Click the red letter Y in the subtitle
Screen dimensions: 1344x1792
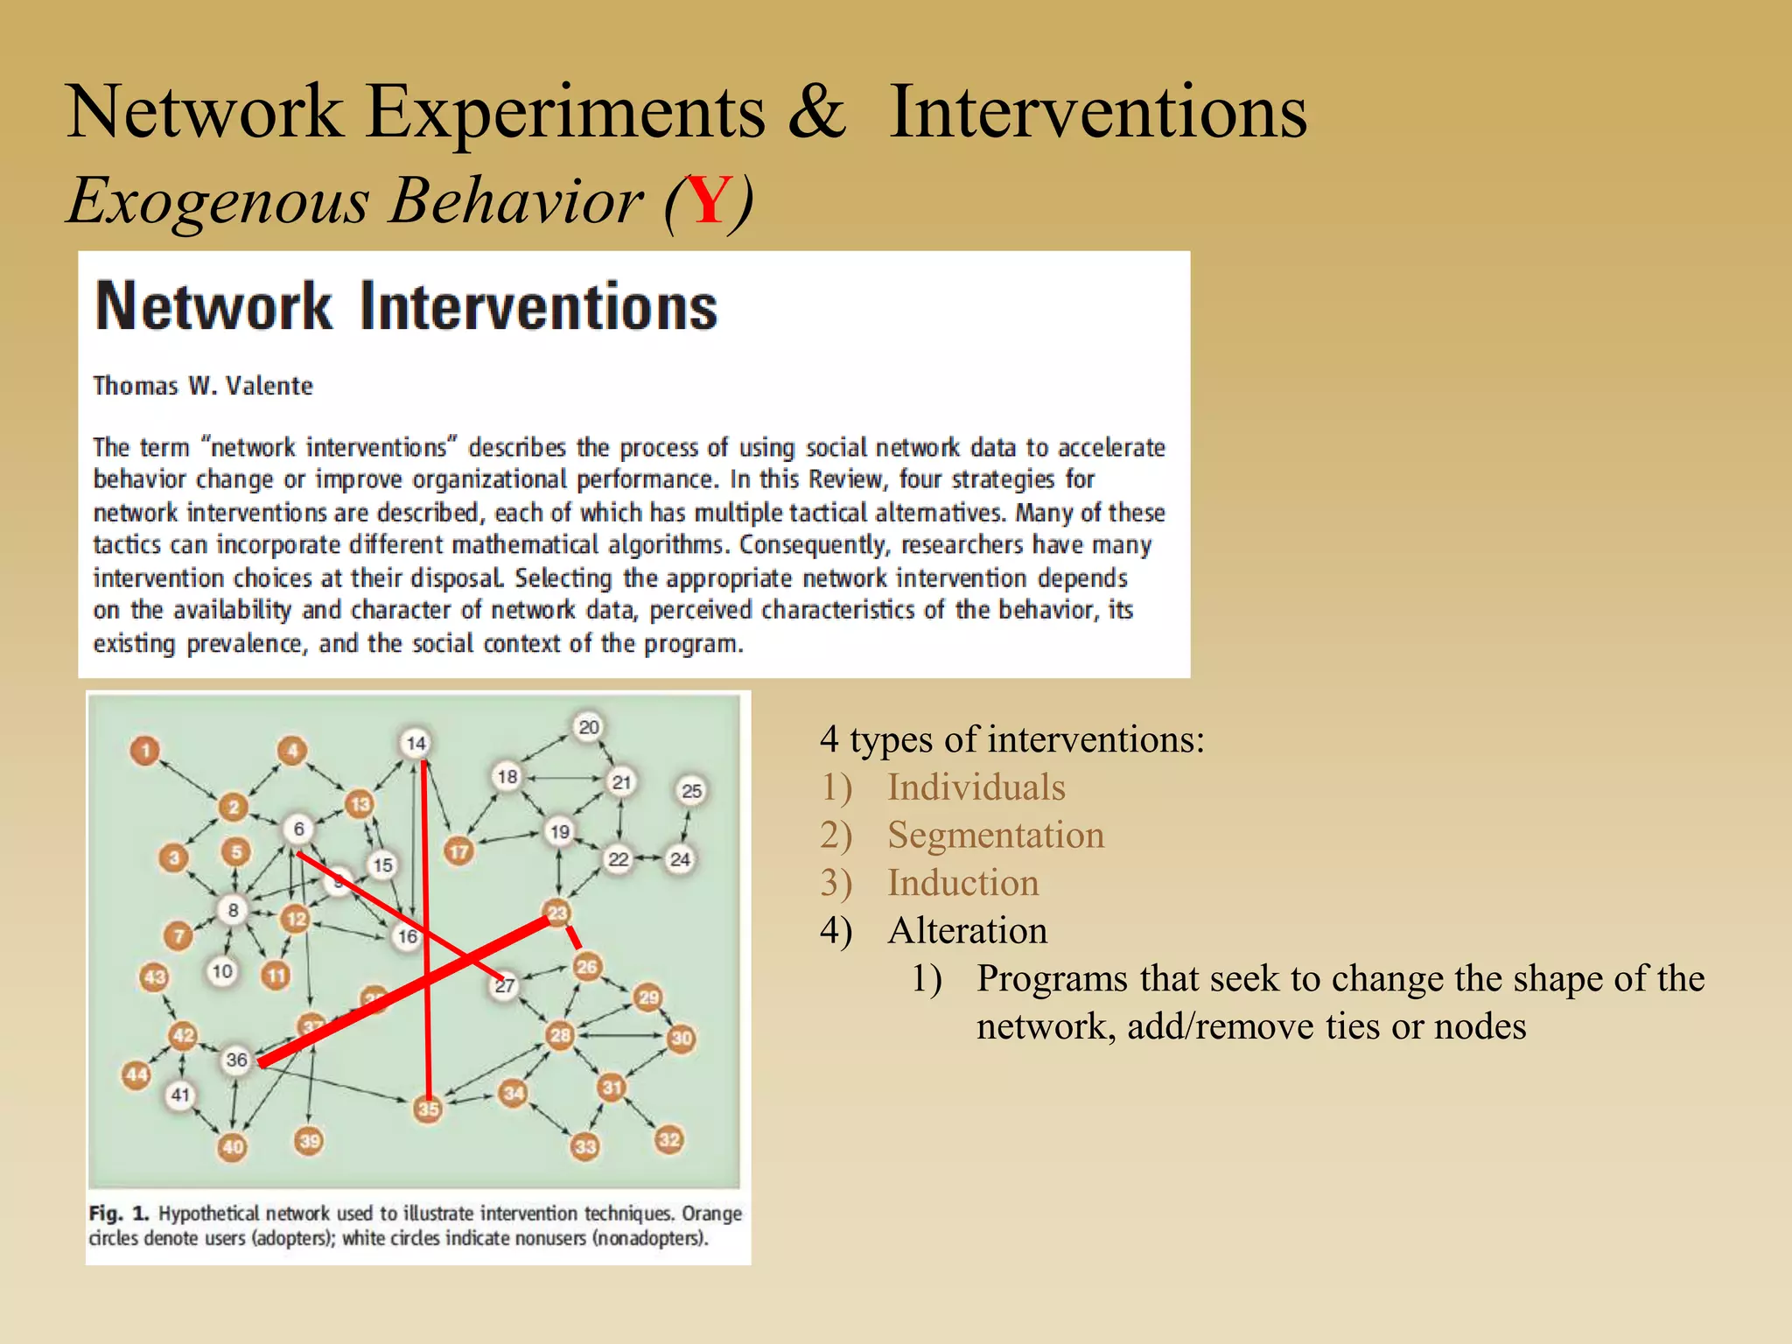point(708,202)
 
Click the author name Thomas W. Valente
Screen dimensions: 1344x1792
point(203,386)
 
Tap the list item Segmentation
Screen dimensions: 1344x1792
point(995,835)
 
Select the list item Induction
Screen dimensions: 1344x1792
point(962,883)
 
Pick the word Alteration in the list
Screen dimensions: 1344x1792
point(967,930)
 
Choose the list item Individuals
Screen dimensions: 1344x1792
point(976,787)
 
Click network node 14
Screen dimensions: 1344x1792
point(416,744)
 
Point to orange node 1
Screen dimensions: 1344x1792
point(145,751)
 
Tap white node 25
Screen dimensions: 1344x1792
point(691,791)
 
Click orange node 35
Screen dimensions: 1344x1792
point(428,1109)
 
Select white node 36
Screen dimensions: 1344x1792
point(237,1060)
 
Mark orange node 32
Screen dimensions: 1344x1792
point(669,1139)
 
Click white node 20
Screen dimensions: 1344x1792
point(589,727)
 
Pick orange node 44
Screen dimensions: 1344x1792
point(136,1074)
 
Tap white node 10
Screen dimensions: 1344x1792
point(222,971)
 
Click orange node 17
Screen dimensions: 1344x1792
point(458,851)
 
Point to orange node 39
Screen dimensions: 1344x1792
point(310,1141)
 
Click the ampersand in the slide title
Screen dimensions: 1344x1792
point(817,113)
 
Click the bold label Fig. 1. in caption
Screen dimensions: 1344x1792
point(119,1214)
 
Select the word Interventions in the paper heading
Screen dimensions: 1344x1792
point(538,307)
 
